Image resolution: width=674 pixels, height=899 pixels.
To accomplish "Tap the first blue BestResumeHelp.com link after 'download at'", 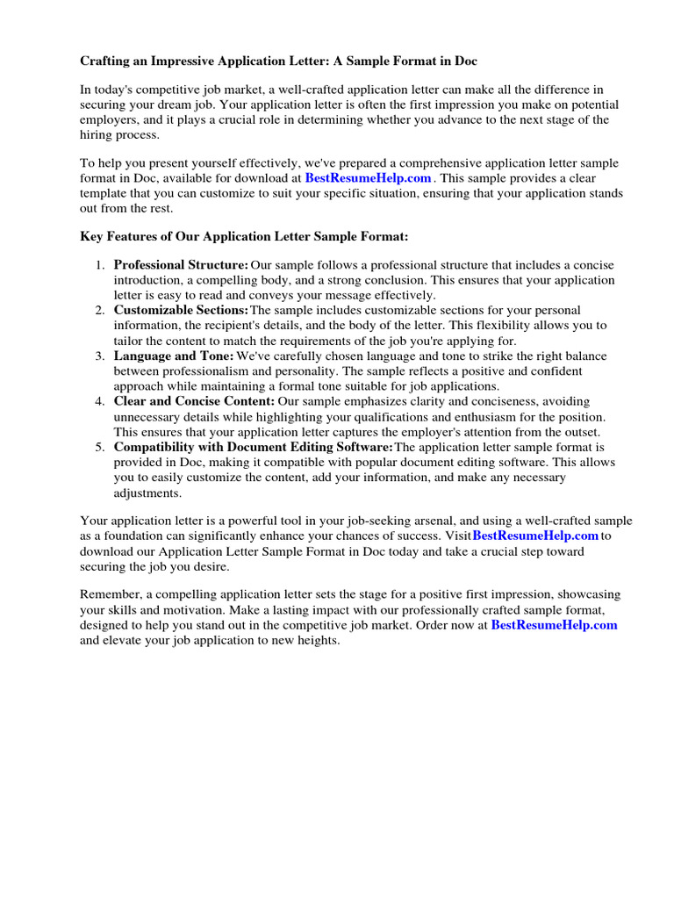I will [x=368, y=178].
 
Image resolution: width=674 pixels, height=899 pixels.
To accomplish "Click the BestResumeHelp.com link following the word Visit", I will [x=535, y=536].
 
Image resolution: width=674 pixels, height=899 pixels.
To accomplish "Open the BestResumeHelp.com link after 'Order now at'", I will [x=554, y=625].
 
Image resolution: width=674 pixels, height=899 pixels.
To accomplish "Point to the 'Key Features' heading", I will [x=244, y=237].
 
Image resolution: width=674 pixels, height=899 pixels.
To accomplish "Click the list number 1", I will [x=100, y=265].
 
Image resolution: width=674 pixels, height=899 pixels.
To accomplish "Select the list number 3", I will [x=100, y=356].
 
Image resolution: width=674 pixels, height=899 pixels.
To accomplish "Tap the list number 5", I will [x=100, y=448].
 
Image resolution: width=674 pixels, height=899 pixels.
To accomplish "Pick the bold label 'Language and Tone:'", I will [x=174, y=356].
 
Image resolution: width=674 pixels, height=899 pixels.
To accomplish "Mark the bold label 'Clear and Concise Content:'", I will [x=194, y=402].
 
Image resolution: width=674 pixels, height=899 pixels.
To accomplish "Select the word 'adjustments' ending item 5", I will [x=147, y=493].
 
